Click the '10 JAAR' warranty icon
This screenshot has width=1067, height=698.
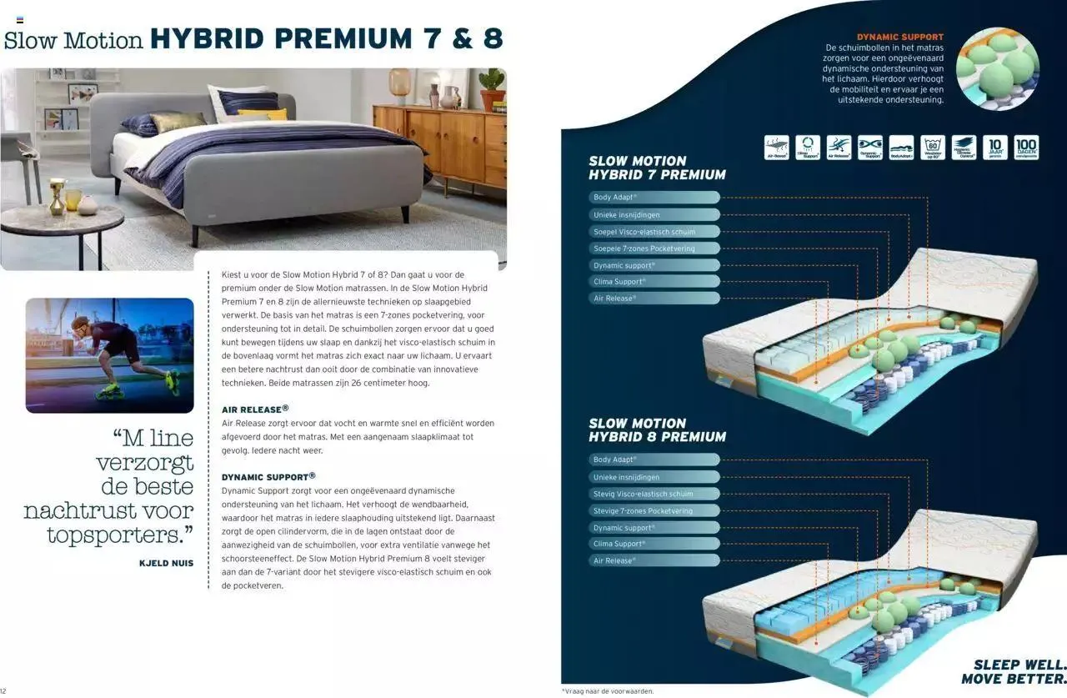[x=994, y=148]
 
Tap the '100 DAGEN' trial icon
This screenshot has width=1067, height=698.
[x=1026, y=148]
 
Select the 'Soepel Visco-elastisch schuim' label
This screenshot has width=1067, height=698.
[x=654, y=232]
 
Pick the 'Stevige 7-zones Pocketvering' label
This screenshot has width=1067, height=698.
[x=654, y=510]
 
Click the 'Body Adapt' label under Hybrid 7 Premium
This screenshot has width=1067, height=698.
[x=654, y=198]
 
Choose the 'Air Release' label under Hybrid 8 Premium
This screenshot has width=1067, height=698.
[x=654, y=560]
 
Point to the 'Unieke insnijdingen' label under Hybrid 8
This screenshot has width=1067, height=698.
[x=654, y=477]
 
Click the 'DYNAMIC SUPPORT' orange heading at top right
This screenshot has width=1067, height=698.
[x=900, y=37]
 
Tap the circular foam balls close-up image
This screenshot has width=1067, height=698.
[x=997, y=68]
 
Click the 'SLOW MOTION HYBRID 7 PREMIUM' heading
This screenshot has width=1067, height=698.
[x=657, y=168]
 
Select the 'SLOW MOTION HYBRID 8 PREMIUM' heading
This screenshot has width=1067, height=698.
[x=657, y=429]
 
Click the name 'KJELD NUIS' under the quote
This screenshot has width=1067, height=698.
[x=166, y=563]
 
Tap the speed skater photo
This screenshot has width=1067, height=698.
[x=109, y=354]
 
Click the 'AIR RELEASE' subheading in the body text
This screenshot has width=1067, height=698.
[x=255, y=409]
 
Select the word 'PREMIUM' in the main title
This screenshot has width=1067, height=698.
[x=343, y=38]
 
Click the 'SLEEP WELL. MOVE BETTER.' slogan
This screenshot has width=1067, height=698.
[x=1013, y=671]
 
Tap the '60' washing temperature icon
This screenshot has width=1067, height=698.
[x=933, y=148]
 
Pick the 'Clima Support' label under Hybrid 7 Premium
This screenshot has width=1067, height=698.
[x=654, y=282]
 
